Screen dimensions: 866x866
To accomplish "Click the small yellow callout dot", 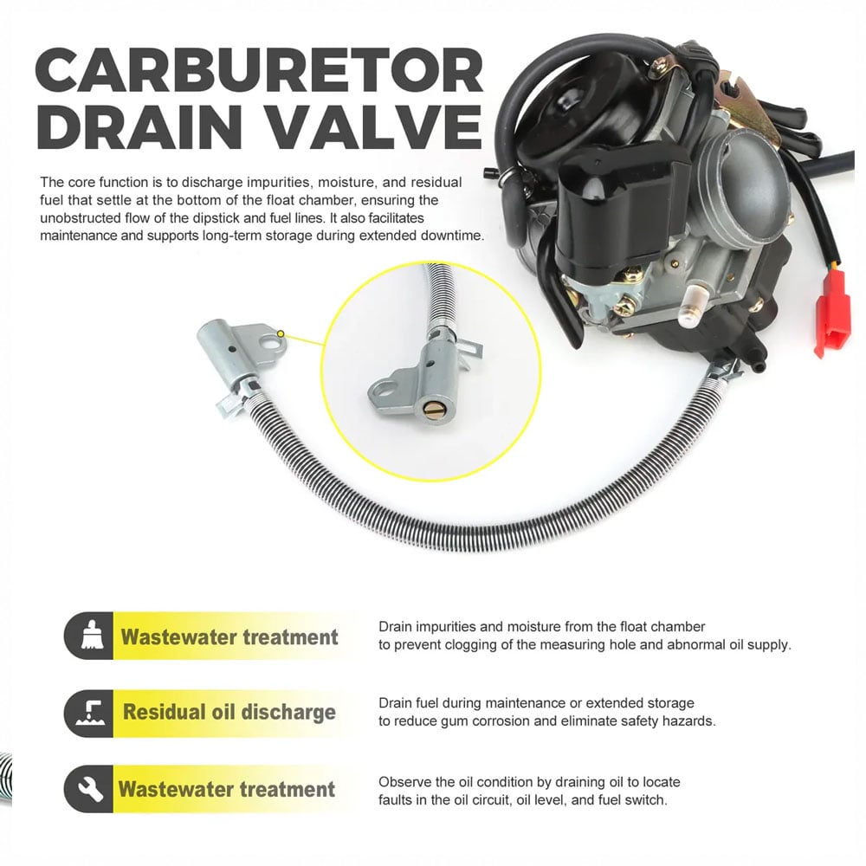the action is tap(281, 333).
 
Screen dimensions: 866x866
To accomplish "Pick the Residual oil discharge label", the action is tap(229, 712).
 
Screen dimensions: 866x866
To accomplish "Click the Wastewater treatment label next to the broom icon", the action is tap(229, 637).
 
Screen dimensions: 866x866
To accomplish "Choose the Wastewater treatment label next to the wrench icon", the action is tap(227, 789).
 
